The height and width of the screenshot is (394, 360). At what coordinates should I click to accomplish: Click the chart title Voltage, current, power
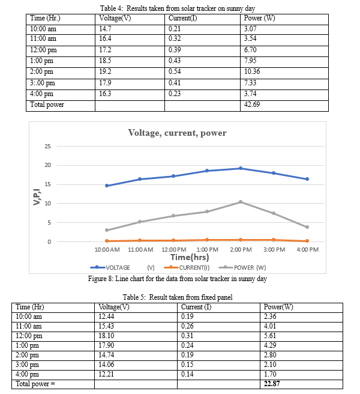[177, 133]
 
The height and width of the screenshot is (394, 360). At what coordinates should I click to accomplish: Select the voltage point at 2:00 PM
[241, 168]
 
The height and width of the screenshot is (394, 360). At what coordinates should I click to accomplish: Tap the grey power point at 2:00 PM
[241, 202]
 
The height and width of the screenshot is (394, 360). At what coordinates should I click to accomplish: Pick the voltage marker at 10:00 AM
[107, 186]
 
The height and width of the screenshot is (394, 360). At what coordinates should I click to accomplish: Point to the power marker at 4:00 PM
[307, 227]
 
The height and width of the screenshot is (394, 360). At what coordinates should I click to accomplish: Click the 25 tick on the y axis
[47, 146]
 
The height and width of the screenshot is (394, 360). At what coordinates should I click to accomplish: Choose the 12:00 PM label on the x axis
[174, 249]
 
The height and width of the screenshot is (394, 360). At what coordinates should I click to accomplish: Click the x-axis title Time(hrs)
[190, 257]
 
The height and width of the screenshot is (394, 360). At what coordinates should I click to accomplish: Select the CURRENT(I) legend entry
[187, 267]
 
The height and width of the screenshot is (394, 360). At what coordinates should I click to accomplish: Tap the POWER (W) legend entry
[242, 267]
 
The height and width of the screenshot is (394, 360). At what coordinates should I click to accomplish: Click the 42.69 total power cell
[252, 105]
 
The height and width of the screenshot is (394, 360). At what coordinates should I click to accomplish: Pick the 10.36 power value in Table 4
[252, 71]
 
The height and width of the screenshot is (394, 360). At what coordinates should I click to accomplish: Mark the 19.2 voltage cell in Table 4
[105, 71]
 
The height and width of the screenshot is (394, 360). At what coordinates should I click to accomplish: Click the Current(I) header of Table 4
[183, 18]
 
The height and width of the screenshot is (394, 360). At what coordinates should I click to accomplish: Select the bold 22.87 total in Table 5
[272, 383]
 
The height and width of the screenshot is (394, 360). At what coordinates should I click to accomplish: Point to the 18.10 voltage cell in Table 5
[106, 336]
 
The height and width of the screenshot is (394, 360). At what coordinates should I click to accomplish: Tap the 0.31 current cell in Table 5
[187, 336]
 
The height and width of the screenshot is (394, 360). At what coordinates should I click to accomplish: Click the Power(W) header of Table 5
[278, 307]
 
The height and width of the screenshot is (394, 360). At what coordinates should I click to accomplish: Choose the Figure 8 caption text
[177, 279]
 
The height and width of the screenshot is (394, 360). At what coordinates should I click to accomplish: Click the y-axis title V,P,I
[37, 197]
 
